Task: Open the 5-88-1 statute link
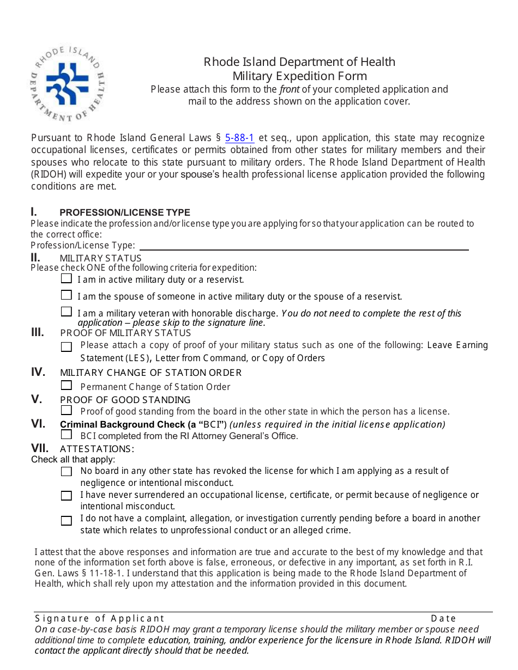(239, 138)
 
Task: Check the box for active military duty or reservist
(67, 279)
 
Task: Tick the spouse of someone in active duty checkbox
(67, 295)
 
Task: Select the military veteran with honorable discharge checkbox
(67, 312)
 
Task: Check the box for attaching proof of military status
(67, 347)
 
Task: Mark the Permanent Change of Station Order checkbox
(67, 386)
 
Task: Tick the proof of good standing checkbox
(67, 410)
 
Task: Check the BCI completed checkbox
(67, 435)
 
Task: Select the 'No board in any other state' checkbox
(67, 472)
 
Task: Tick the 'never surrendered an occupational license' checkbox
(67, 496)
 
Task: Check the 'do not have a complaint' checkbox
(67, 521)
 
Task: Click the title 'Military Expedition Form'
(299, 76)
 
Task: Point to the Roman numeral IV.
(38, 372)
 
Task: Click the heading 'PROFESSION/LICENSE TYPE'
(125, 212)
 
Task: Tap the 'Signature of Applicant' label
(99, 618)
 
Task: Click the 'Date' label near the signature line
(443, 618)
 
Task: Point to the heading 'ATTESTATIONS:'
(97, 449)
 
